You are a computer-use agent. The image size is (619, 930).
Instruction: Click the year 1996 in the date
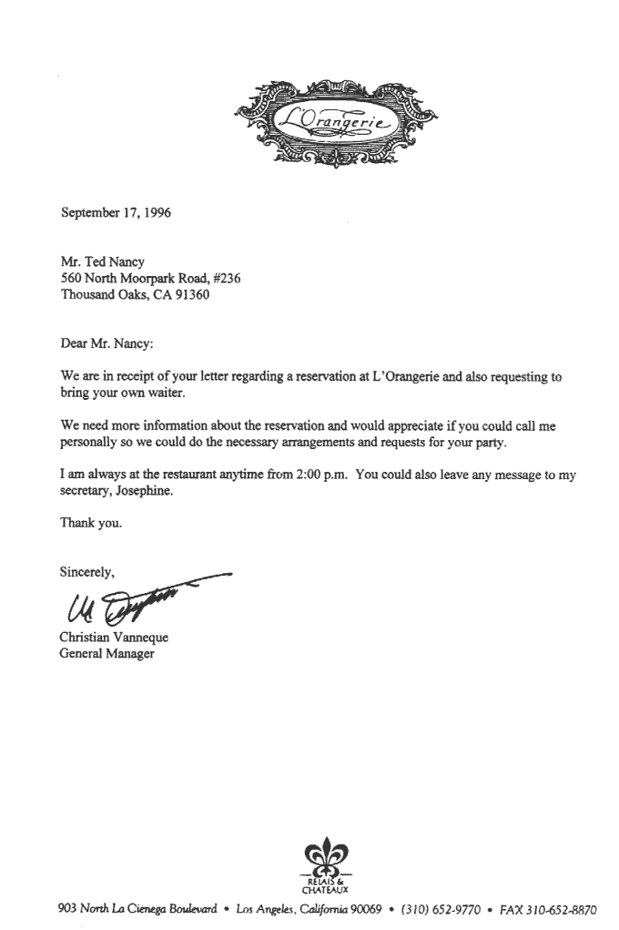(155, 214)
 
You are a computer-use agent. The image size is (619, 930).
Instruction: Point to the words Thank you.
(90, 524)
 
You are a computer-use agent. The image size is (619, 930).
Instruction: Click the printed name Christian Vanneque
(114, 638)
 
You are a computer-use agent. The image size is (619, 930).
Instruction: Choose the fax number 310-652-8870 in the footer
(559, 910)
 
